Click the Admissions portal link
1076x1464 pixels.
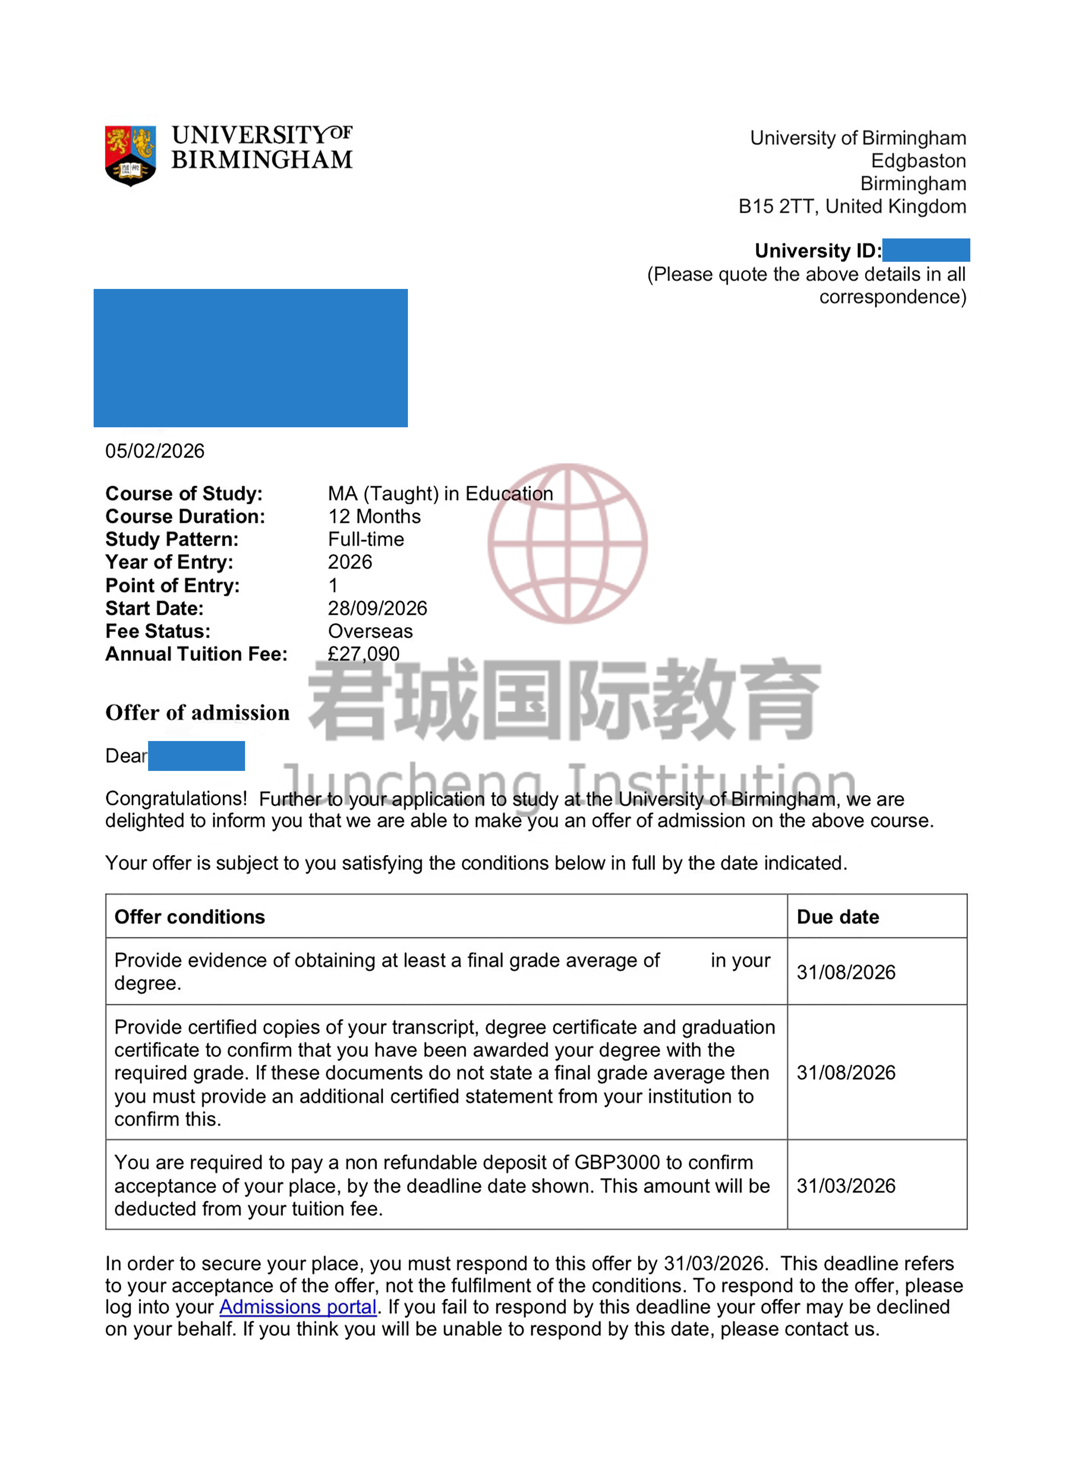click(x=298, y=1307)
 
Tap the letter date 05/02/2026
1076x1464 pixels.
click(x=155, y=451)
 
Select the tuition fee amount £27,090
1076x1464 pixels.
click(x=363, y=654)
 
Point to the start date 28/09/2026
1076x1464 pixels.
click(x=377, y=608)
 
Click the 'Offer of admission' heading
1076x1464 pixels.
click(x=197, y=713)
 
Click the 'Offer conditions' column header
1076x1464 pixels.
click(x=189, y=917)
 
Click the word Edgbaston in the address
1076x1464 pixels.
click(x=918, y=161)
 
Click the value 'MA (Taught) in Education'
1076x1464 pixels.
click(x=440, y=493)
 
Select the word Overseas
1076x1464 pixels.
click(x=370, y=631)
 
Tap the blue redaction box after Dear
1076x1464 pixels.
click(x=196, y=756)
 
